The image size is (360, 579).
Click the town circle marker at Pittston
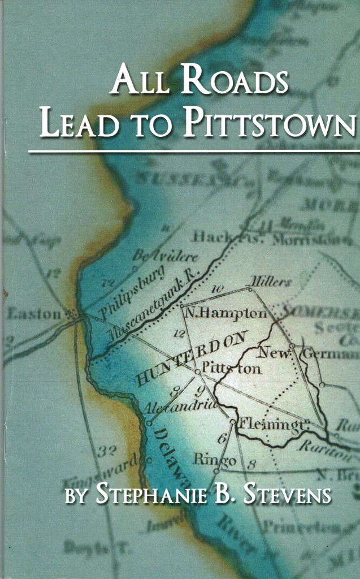(197, 371)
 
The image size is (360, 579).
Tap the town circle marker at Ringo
(216, 470)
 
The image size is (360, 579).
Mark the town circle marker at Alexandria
(149, 422)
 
